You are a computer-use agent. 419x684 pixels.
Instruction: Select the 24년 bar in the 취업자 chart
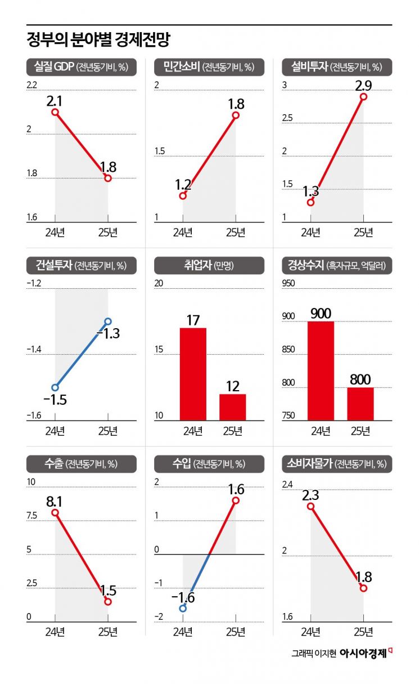tap(193, 374)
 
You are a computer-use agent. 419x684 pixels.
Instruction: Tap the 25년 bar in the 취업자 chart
tap(232, 406)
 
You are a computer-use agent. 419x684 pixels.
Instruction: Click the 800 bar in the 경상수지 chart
tap(360, 403)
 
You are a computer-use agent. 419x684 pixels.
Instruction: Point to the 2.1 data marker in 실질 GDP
tap(55, 112)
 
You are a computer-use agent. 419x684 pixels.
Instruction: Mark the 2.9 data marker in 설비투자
tap(363, 97)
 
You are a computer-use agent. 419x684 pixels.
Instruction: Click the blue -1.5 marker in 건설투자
tap(55, 387)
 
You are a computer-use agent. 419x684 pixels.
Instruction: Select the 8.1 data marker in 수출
tap(55, 512)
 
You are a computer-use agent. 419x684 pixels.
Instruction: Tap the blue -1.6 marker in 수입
tap(183, 609)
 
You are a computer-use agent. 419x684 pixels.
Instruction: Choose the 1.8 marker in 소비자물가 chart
tap(363, 588)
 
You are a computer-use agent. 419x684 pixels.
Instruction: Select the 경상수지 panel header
tap(336, 265)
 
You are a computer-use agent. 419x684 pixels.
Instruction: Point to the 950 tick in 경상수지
tap(289, 283)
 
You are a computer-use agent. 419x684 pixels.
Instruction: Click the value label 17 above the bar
tap(193, 320)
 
